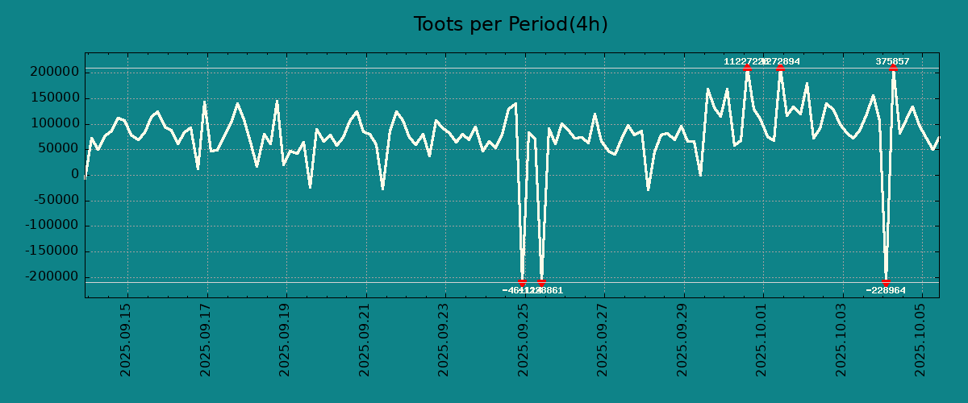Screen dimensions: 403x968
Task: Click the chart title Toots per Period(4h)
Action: [x=511, y=24]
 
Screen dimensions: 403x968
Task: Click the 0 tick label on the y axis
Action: [x=74, y=175]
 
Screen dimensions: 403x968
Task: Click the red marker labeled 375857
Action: [x=893, y=69]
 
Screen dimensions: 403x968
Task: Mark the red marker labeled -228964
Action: [x=886, y=283]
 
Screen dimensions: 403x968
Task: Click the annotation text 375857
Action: [x=893, y=61]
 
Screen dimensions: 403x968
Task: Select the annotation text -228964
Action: [x=886, y=290]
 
